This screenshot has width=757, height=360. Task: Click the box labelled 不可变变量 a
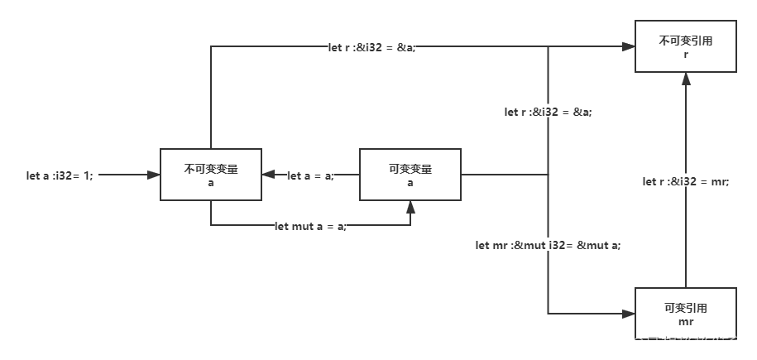tap(211, 175)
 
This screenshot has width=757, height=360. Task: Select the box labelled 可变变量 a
tap(410, 175)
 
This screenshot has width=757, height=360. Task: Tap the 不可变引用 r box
tap(685, 46)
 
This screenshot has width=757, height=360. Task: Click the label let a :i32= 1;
tap(60, 175)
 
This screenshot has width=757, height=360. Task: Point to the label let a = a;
tap(310, 175)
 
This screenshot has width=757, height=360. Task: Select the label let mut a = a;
tap(310, 226)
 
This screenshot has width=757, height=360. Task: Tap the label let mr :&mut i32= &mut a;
tap(548, 245)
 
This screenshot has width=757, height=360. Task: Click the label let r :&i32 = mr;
tap(686, 181)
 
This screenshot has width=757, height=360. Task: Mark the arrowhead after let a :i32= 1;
tap(154, 175)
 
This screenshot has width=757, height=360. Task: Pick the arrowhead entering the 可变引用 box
tap(628, 314)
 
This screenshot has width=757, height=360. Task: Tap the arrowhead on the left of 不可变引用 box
tap(628, 47)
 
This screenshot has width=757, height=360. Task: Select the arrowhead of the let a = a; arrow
tap(268, 175)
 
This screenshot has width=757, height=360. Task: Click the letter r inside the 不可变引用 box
tap(685, 54)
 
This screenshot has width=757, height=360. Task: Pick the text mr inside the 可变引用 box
tap(685, 321)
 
